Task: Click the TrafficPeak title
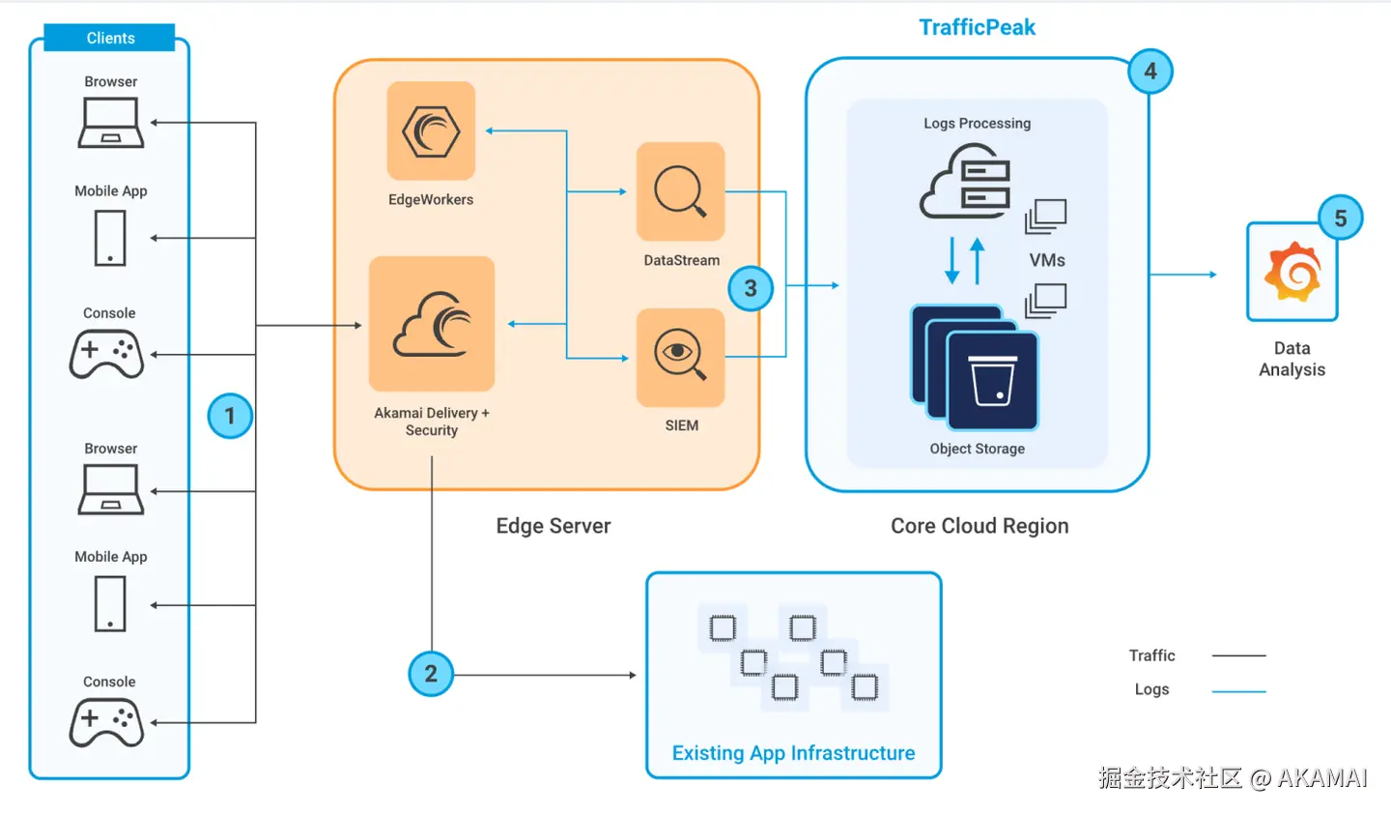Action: pos(977,27)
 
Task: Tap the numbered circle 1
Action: pos(230,416)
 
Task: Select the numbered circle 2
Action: pos(431,674)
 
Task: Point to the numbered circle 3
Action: pos(751,288)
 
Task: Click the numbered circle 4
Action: pos(1150,72)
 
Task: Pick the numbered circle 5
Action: pos(1340,218)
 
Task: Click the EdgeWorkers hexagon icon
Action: pos(431,131)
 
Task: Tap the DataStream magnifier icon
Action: pos(680,191)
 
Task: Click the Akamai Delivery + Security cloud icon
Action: pos(432,324)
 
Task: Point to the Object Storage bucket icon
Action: pos(992,381)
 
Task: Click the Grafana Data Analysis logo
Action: pos(1292,273)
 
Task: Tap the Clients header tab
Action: pos(110,38)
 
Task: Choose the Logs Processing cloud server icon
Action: pos(965,182)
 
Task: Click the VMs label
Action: pos(1047,260)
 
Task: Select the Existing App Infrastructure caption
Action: pos(793,753)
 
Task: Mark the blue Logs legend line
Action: pos(1238,691)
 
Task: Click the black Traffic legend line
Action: pos(1238,655)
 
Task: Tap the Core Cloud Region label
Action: pos(979,526)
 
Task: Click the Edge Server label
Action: pos(554,526)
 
